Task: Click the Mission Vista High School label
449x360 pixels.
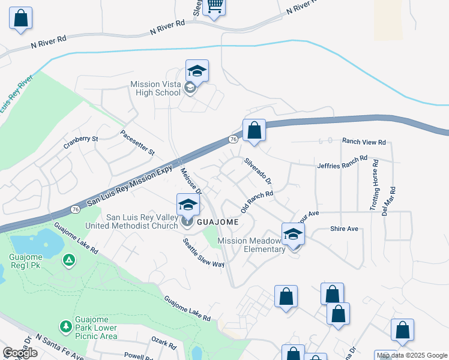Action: click(x=155, y=89)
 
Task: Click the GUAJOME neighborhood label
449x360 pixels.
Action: click(x=218, y=222)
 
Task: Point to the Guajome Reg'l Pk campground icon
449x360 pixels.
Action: click(x=69, y=260)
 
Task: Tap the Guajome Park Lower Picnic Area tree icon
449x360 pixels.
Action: click(x=64, y=326)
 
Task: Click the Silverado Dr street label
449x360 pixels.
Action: click(x=258, y=170)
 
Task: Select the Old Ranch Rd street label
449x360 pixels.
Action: click(x=257, y=202)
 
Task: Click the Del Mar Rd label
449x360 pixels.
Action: click(x=388, y=195)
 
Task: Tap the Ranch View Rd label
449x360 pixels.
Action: click(x=364, y=142)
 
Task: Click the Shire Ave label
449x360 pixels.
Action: click(x=344, y=229)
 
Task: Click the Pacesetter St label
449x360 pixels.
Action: click(x=137, y=143)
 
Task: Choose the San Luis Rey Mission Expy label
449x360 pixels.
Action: click(x=130, y=187)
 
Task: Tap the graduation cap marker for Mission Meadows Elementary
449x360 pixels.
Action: click(x=294, y=233)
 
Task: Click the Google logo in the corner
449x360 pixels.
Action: click(x=20, y=353)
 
